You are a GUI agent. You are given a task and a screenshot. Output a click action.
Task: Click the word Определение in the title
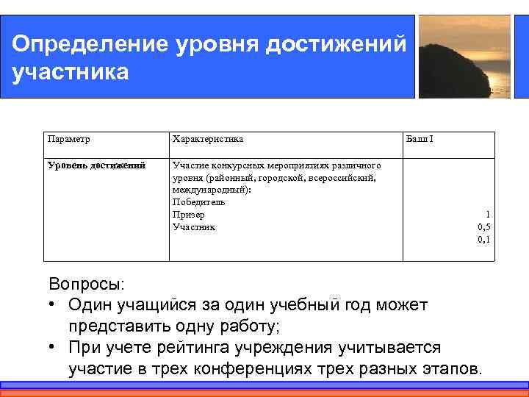point(89,43)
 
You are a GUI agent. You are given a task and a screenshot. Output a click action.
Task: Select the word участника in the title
point(71,73)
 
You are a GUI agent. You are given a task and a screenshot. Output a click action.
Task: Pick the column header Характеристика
point(208,138)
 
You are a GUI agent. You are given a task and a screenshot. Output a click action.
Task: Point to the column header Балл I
point(420,138)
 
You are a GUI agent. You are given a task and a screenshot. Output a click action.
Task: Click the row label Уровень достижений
point(96,165)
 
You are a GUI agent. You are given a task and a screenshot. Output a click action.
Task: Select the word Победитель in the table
point(198,202)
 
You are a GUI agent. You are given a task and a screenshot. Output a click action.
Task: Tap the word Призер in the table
point(188,215)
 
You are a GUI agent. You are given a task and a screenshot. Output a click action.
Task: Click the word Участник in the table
point(194,227)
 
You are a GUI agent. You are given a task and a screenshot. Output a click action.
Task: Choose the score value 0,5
point(483,227)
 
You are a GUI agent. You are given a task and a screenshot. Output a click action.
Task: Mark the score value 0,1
point(483,239)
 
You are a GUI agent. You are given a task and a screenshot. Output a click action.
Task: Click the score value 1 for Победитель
point(488,215)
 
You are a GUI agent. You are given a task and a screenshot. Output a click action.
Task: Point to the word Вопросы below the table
point(87,284)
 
